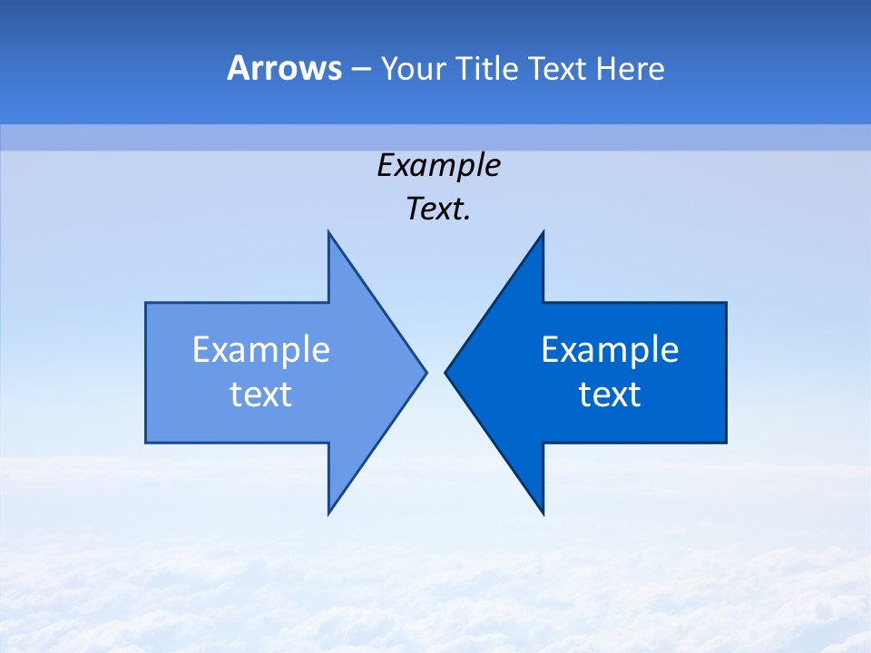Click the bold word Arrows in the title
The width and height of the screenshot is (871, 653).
click(x=284, y=68)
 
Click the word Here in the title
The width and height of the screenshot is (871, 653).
click(x=630, y=68)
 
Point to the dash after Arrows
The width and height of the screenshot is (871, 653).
click(x=361, y=70)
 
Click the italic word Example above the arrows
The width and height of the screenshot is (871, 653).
click(x=438, y=166)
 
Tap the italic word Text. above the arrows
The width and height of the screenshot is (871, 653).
click(x=438, y=210)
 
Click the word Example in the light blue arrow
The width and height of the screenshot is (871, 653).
click(x=261, y=350)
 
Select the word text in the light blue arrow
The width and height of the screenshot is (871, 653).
click(x=261, y=395)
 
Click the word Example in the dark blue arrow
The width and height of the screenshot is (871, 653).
click(x=610, y=350)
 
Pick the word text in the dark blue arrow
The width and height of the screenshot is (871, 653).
click(x=610, y=395)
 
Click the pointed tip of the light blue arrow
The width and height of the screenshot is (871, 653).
click(x=426, y=372)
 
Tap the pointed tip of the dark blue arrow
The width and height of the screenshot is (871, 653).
click(x=446, y=372)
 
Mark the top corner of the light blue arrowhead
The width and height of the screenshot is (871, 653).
click(x=329, y=233)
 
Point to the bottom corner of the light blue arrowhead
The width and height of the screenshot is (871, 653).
click(x=329, y=512)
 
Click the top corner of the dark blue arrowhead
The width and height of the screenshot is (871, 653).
click(x=543, y=233)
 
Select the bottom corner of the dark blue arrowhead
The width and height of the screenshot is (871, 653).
click(x=543, y=512)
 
